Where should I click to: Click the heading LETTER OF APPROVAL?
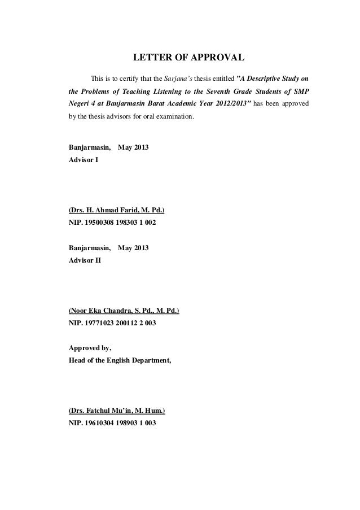[188, 58]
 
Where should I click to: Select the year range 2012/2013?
[225, 106]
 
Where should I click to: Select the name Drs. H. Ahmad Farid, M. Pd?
[117, 211]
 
